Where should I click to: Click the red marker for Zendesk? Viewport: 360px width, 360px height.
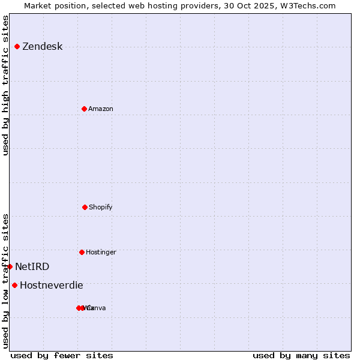tap(17, 47)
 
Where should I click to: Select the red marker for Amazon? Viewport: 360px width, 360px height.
tap(84, 109)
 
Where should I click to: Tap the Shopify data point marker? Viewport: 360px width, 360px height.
tap(85, 207)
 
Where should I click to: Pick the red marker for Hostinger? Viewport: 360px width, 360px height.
tap(82, 252)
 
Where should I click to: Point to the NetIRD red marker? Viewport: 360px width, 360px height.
tap(10, 266)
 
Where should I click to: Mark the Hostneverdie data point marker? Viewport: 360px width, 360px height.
tap(14, 285)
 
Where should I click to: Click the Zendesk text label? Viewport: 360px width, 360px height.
tap(42, 47)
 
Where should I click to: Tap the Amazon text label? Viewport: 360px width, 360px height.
tap(101, 109)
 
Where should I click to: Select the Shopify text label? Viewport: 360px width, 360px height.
tap(101, 207)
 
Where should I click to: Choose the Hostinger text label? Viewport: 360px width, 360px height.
tap(101, 252)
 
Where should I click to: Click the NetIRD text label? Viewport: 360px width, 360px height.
tap(32, 266)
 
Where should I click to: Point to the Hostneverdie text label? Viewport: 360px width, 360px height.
tap(52, 285)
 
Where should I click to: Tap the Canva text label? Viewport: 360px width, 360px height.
tap(97, 308)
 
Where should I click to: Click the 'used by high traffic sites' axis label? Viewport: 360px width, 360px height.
tap(6, 85)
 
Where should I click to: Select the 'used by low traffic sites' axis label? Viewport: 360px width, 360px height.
tap(6, 280)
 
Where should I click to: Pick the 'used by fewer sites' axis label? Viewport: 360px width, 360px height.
tap(62, 355)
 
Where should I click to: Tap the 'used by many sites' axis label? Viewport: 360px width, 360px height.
tap(301, 355)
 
